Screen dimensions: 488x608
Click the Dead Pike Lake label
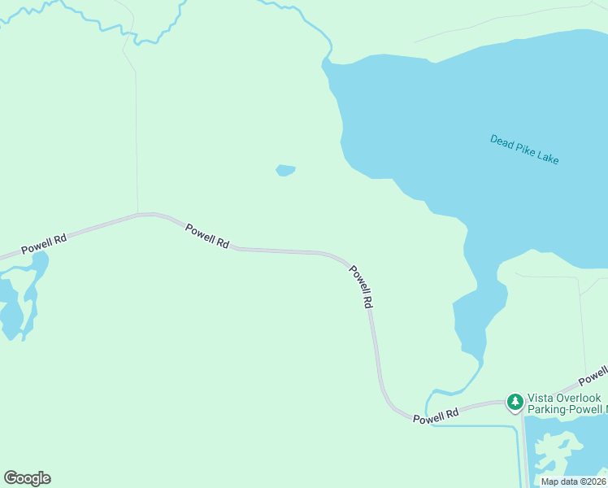tap(524, 149)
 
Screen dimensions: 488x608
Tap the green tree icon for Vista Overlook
tap(515, 402)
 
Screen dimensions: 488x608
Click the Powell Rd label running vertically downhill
tap(362, 286)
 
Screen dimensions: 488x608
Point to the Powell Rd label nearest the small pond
tap(207, 236)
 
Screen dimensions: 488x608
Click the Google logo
tap(27, 478)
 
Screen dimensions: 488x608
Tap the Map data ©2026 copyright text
tap(573, 481)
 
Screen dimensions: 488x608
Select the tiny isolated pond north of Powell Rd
tap(285, 170)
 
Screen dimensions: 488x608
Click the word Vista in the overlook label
tap(541, 398)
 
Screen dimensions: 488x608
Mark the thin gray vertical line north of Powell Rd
tap(136, 138)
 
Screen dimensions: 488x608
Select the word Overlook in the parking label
tap(578, 398)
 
